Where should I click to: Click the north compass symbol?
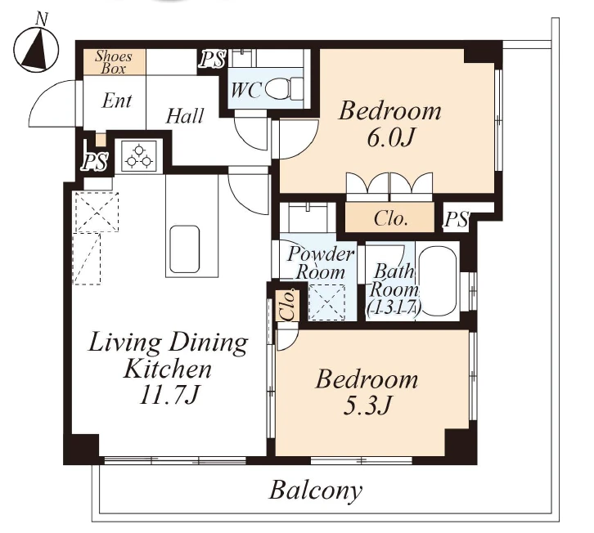pyautogui.click(x=36, y=49)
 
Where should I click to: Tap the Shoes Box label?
pyautogui.click(x=113, y=62)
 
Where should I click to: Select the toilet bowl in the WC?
pyautogui.click(x=284, y=89)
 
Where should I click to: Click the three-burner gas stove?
pyautogui.click(x=138, y=156)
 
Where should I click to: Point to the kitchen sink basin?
pyautogui.click(x=184, y=249)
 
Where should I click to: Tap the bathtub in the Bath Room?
pyautogui.click(x=438, y=281)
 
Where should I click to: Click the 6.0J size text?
pyautogui.click(x=389, y=138)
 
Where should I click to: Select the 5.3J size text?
pyautogui.click(x=367, y=405)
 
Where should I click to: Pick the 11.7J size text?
pyautogui.click(x=169, y=396)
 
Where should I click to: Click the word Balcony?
pyautogui.click(x=316, y=490)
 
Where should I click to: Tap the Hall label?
pyautogui.click(x=185, y=115)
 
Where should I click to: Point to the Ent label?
pyautogui.click(x=117, y=101)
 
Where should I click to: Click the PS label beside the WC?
pyautogui.click(x=213, y=59)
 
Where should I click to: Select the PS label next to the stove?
pyautogui.click(x=95, y=162)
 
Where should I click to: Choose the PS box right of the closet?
pyautogui.click(x=457, y=218)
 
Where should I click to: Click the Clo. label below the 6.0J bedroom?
pyautogui.click(x=390, y=218)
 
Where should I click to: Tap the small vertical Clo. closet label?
pyautogui.click(x=288, y=305)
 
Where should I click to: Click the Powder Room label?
pyautogui.click(x=320, y=263)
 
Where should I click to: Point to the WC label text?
pyautogui.click(x=245, y=90)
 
